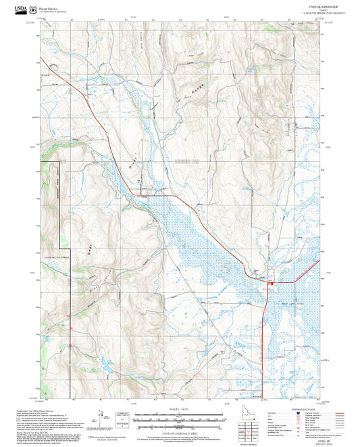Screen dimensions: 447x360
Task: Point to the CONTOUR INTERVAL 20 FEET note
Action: coord(179,429)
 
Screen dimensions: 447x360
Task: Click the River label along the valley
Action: coord(133,162)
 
